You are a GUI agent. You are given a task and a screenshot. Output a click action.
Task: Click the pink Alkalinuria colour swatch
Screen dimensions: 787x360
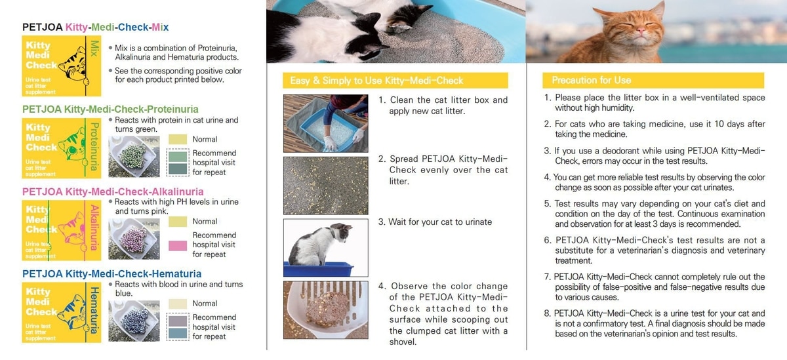[x=178, y=245]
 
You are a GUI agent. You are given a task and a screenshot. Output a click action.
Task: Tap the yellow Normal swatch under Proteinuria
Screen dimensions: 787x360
[x=178, y=140]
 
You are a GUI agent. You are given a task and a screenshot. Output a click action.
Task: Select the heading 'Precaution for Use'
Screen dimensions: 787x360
[x=592, y=81]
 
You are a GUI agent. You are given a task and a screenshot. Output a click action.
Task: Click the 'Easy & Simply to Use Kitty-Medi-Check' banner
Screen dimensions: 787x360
[x=395, y=81]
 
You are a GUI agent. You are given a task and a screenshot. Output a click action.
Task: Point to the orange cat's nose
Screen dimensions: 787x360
[x=641, y=31]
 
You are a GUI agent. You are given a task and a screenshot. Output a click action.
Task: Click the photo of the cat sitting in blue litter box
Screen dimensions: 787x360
[x=326, y=248]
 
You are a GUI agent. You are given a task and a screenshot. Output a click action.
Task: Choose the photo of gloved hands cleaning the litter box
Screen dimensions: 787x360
[x=326, y=123]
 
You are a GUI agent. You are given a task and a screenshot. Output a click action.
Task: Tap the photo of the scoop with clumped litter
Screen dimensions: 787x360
[x=326, y=310]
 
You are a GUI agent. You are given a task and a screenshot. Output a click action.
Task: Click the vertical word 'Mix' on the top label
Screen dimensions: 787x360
[x=94, y=49]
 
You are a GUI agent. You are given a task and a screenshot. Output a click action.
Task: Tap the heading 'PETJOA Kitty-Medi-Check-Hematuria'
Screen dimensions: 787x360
[x=111, y=274]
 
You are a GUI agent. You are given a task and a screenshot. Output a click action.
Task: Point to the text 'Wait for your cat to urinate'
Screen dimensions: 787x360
[x=440, y=222]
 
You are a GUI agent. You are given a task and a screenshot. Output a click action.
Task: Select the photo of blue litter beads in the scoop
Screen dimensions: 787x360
[x=134, y=321]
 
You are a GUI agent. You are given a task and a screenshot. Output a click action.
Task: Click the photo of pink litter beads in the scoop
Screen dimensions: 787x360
[x=134, y=239]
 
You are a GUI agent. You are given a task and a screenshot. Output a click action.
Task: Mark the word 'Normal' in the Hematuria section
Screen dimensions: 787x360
[x=205, y=304]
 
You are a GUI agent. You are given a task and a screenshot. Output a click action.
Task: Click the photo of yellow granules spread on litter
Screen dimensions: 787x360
[x=326, y=186]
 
